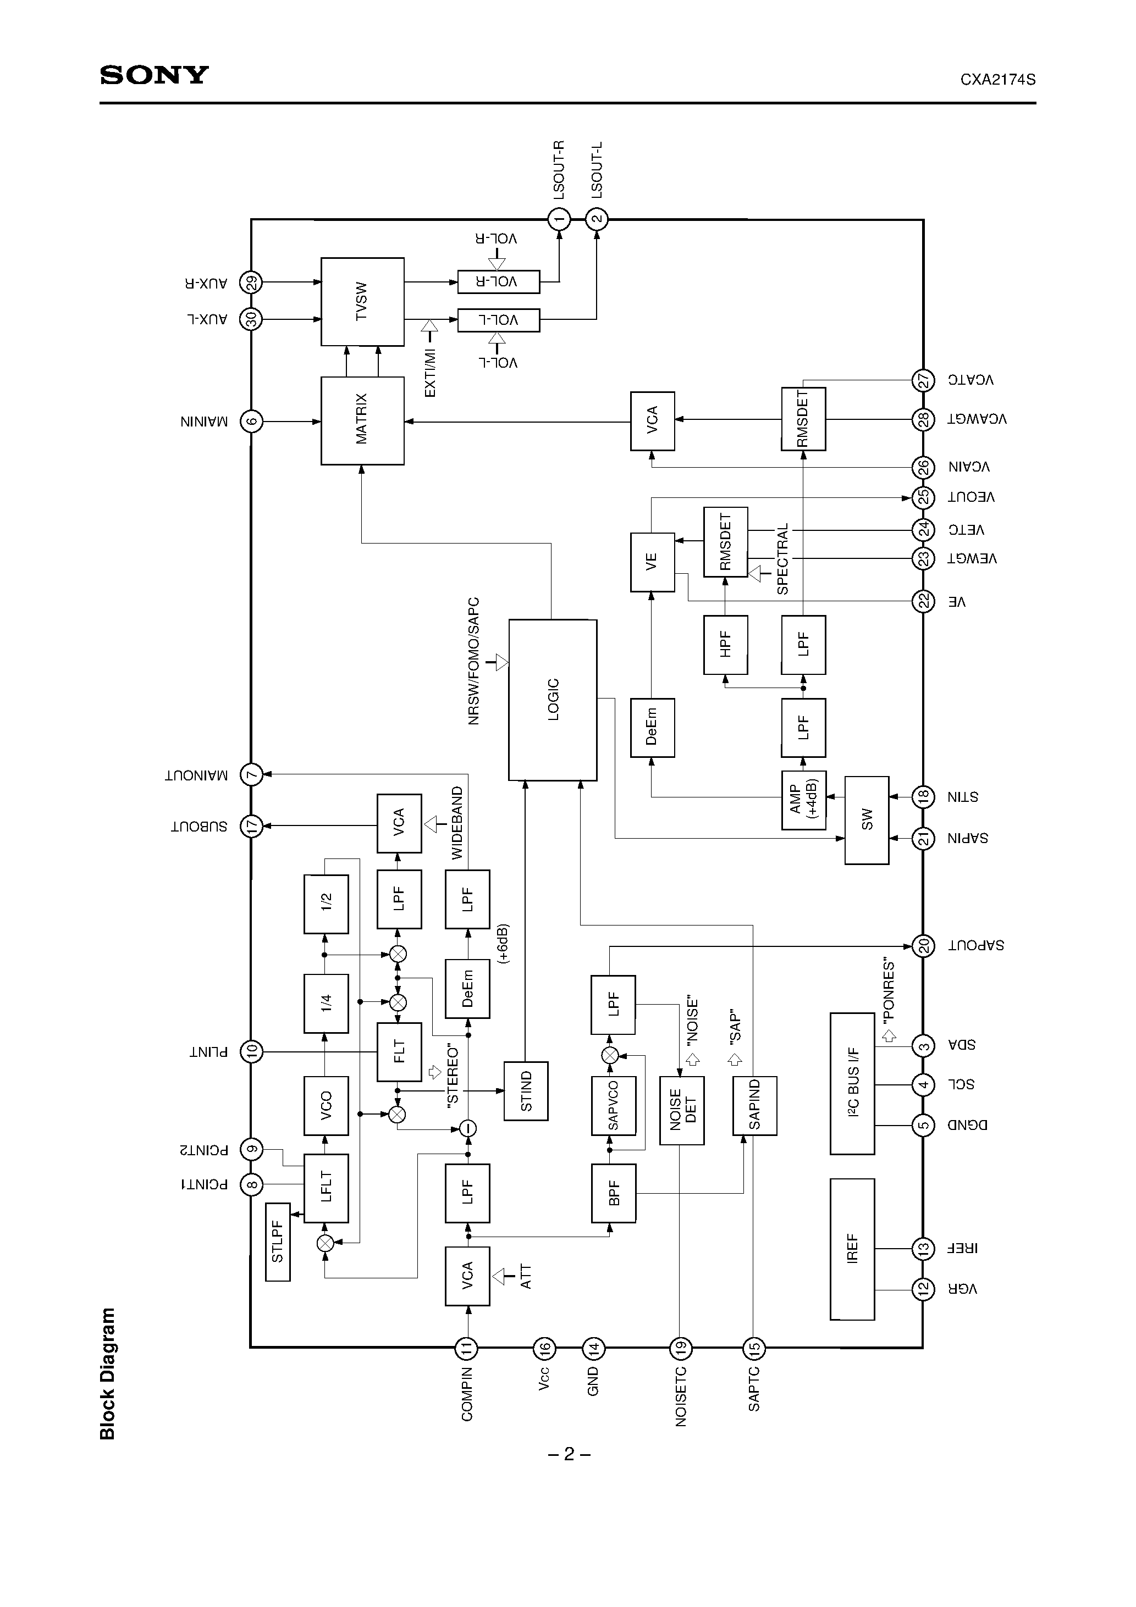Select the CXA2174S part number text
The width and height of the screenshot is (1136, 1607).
point(997,80)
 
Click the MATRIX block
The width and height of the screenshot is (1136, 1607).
point(362,420)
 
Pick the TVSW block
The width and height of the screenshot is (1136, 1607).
point(362,302)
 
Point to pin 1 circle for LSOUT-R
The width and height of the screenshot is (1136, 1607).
point(559,220)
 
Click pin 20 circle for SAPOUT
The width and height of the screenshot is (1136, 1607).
point(923,946)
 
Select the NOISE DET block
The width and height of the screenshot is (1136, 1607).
point(681,1110)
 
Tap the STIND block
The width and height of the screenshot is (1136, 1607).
point(526,1090)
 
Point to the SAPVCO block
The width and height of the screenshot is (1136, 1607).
point(613,1105)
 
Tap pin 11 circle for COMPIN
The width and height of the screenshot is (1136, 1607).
point(466,1348)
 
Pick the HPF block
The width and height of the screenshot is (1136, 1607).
point(726,644)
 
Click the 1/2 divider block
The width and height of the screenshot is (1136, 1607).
point(326,904)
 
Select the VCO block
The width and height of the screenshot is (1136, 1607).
point(326,1105)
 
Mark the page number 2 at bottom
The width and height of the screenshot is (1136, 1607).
point(569,1454)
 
